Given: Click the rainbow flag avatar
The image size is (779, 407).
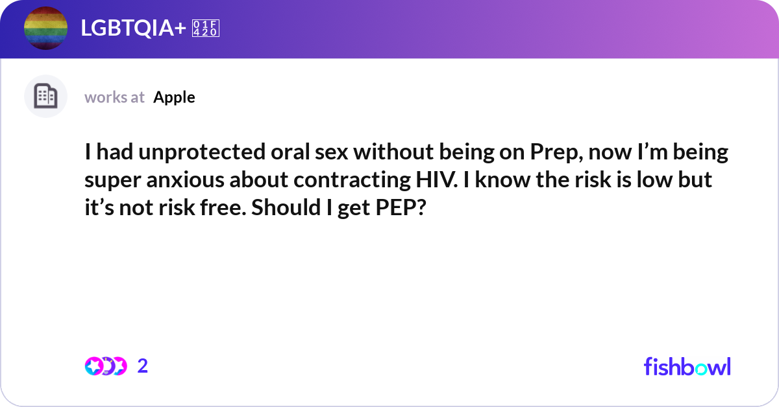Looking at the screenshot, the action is pos(45,28).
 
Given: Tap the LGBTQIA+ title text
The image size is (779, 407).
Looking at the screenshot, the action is pos(133,28).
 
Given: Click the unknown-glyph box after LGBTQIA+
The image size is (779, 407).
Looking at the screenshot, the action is pos(206,28).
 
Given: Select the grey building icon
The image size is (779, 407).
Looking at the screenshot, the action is pos(45,96).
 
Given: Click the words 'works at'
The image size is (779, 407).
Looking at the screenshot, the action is pos(114,97).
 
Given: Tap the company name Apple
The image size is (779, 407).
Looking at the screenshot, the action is pos(174,98).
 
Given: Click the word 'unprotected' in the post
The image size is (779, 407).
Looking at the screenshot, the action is pos(202,152).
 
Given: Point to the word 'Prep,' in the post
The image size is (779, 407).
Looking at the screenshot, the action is pos(556,152).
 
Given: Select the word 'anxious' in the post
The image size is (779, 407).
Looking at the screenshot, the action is pos(185,180).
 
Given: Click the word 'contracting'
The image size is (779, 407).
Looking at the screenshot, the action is pos(352,180).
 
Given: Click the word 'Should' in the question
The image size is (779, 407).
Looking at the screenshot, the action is pos(286,207).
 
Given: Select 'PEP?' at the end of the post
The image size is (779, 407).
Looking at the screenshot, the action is pos(401,207).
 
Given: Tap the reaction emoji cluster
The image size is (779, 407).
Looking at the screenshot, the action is pos(106,366).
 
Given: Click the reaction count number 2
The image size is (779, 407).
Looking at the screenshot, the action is pos(143,366).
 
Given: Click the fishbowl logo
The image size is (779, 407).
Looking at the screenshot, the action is pos(687,366).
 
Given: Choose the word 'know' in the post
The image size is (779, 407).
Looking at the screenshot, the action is pos(502,180).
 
